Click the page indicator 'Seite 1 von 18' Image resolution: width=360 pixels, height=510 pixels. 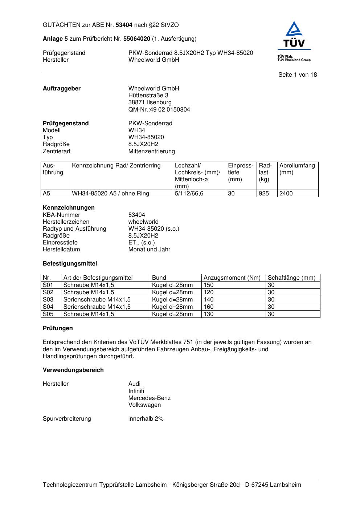[x=297, y=75]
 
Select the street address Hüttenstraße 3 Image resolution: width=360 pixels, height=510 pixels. [x=148, y=96]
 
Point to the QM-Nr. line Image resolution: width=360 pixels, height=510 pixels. [x=159, y=110]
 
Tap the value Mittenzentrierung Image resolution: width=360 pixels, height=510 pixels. [x=151, y=151]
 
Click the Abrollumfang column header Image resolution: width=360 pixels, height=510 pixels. [x=297, y=166]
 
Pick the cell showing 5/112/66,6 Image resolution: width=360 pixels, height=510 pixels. [x=189, y=194]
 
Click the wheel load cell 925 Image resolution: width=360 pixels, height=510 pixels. [x=264, y=194]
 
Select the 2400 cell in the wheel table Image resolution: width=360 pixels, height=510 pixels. [x=286, y=194]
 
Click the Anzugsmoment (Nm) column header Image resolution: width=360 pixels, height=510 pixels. [x=232, y=278]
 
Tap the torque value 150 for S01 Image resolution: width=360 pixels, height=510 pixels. [x=209, y=285]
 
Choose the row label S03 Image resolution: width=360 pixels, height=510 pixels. [x=48, y=300]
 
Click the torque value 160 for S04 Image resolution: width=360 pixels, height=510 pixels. [x=209, y=307]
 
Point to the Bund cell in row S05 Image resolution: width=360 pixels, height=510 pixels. [x=172, y=314]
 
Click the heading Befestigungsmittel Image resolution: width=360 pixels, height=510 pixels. [x=70, y=264]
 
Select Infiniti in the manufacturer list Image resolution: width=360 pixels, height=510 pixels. [x=136, y=391]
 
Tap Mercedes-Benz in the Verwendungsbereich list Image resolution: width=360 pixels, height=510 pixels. [x=149, y=398]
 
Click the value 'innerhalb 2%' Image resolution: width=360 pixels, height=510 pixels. [x=146, y=419]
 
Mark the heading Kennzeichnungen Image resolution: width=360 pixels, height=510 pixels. [x=69, y=208]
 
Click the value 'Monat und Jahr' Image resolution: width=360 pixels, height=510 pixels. [x=149, y=250]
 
